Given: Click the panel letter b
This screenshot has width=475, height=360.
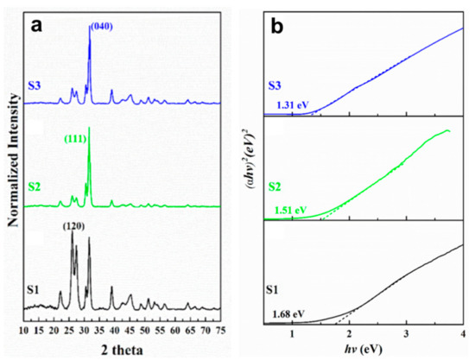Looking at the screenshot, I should [x=278, y=24].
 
